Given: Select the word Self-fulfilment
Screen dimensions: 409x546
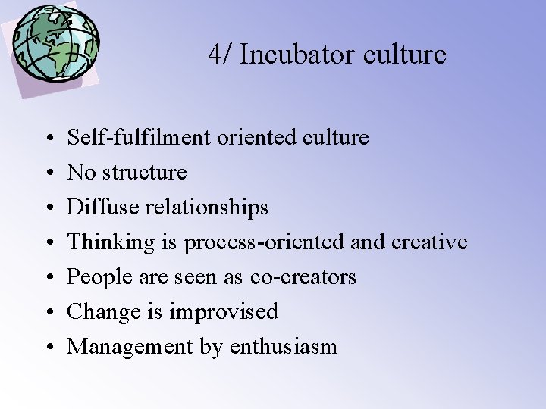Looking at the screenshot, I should (x=140, y=138).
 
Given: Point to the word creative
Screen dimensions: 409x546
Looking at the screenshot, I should (x=429, y=242).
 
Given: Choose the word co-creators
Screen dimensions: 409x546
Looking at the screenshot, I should (x=303, y=277).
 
